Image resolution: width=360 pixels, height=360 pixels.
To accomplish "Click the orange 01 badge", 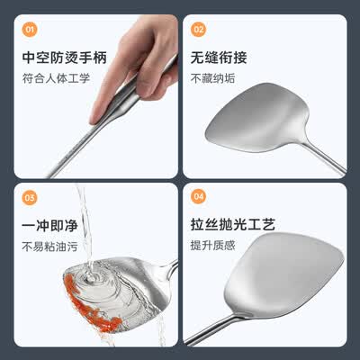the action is (30, 30).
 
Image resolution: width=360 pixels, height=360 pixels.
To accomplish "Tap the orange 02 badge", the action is (198, 30).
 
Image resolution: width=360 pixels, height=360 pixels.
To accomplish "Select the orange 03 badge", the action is (30, 198).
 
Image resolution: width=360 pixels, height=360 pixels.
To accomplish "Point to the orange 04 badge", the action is (198, 196).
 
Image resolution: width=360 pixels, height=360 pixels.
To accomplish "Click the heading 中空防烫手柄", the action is (65, 58).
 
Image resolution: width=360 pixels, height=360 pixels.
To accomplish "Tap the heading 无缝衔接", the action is (219, 58).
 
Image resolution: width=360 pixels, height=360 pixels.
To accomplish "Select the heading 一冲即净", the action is (49, 225).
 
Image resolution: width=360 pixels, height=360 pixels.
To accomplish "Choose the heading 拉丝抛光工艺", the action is (233, 224).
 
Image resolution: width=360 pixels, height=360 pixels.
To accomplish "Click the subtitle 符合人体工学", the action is (56, 78).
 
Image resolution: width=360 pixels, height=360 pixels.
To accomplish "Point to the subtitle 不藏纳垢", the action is (213, 78).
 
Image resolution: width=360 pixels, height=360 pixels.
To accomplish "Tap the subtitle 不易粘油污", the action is (50, 247).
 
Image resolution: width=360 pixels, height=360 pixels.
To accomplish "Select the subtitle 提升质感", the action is (213, 246).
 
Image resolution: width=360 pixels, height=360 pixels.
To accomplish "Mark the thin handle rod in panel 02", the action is (324, 158).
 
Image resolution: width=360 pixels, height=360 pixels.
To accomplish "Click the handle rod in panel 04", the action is (213, 329).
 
